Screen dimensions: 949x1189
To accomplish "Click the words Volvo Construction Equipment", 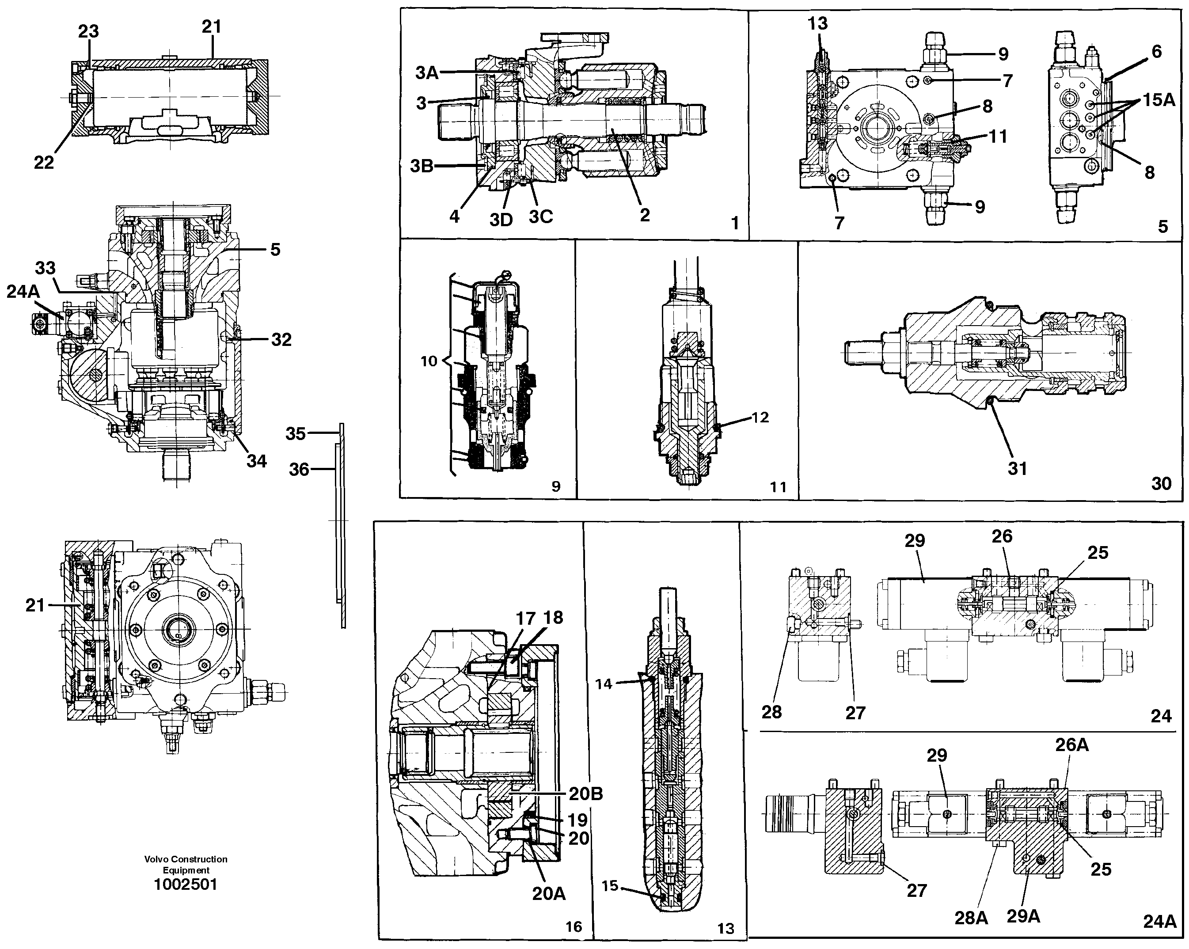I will (186, 865).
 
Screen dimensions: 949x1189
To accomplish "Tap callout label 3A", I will (427, 72).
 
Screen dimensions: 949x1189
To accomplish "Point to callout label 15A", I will (1159, 100).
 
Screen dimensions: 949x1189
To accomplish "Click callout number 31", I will (1018, 468).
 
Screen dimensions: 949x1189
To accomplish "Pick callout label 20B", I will (586, 794).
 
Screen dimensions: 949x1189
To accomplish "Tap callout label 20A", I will (549, 894).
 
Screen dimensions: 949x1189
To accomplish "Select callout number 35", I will (296, 433).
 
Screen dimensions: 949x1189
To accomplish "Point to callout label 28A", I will (971, 918).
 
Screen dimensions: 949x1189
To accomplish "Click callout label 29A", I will (1024, 916).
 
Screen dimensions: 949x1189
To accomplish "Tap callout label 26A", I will (1072, 745).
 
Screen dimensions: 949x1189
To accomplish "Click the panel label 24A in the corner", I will (1159, 922).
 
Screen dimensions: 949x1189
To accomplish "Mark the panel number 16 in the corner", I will (574, 926).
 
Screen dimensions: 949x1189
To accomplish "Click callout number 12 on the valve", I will (760, 418).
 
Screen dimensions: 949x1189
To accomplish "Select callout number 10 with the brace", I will (429, 362).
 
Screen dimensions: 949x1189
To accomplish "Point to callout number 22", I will (44, 162).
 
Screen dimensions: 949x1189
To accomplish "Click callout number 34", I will (256, 460).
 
